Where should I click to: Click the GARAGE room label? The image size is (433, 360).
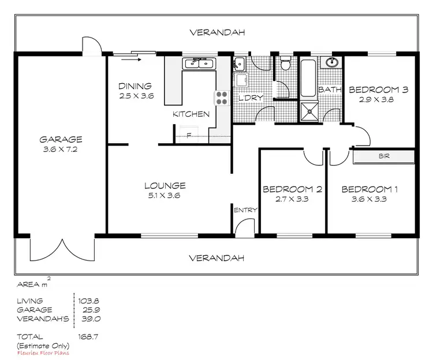click(x=61, y=139)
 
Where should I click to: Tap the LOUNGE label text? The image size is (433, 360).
click(x=165, y=185)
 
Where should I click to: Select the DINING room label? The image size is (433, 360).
click(x=136, y=86)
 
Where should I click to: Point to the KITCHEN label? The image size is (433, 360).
click(x=191, y=114)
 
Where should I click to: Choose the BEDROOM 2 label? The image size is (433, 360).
click(x=292, y=189)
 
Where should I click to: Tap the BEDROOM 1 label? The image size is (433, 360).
click(x=369, y=189)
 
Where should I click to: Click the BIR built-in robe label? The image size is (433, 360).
click(x=384, y=156)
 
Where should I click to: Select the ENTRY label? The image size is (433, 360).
click(x=245, y=210)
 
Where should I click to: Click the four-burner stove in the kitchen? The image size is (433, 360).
click(x=222, y=98)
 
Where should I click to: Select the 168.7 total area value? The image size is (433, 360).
click(x=87, y=335)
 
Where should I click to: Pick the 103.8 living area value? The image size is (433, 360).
click(x=87, y=301)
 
